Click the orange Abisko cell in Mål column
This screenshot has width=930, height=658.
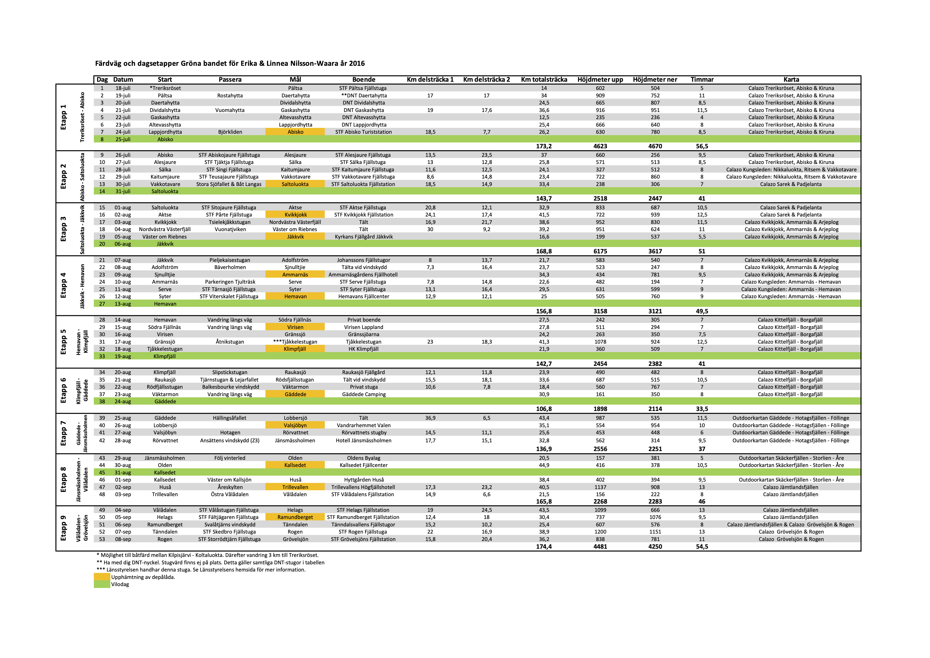coord(295,132)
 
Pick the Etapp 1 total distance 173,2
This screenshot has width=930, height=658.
coord(544,146)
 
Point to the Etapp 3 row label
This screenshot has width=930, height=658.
coord(63,229)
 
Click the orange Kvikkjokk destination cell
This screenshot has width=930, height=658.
coord(295,215)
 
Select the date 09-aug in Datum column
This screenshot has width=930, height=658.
coord(123,275)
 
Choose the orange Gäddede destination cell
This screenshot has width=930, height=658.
coord(295,394)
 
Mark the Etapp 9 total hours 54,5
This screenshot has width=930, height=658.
coord(702,547)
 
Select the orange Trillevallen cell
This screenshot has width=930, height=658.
coord(295,487)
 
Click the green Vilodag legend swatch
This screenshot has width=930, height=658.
coord(102,584)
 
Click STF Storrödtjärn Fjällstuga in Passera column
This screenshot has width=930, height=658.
coord(229,539)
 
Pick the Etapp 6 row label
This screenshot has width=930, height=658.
coord(63,391)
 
